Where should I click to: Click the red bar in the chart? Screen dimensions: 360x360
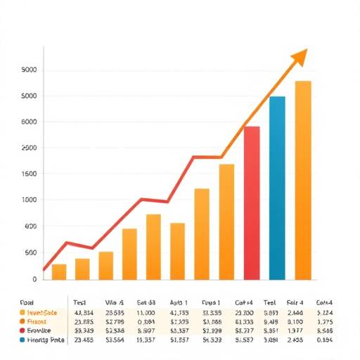pos(252,204)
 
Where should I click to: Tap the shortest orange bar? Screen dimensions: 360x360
pos(59,272)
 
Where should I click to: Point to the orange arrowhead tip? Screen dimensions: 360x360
pos(307,51)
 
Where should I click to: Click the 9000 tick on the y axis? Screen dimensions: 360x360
pos(29,70)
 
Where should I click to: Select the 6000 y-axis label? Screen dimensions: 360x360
pos(29,122)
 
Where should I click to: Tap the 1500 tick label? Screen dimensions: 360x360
pos(29,174)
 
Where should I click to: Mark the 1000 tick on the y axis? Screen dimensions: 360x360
pos(29,200)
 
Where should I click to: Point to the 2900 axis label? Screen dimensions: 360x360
pos(29,148)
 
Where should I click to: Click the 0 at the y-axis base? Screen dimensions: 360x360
pos(34,278)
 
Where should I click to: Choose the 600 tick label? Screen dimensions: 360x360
pos(30,226)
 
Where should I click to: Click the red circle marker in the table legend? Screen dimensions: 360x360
pos(22,329)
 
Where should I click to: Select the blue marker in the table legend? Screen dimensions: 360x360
pos(22,338)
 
